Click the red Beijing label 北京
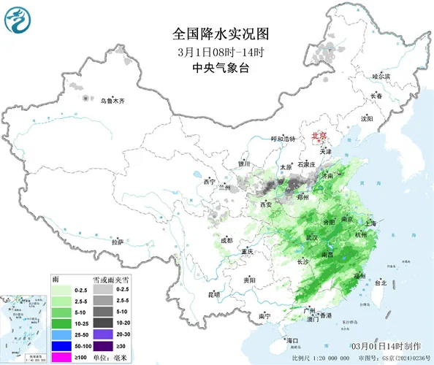click(x=319, y=136)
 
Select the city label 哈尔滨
click(x=381, y=76)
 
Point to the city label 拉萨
click(x=117, y=241)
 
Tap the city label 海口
click(x=292, y=340)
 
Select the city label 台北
click(x=381, y=283)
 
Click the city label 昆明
click(x=213, y=294)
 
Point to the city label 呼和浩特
click(x=283, y=139)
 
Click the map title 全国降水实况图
click(x=216, y=34)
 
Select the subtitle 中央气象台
click(x=216, y=68)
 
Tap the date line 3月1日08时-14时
click(x=216, y=52)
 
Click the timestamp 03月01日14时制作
click(x=384, y=345)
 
